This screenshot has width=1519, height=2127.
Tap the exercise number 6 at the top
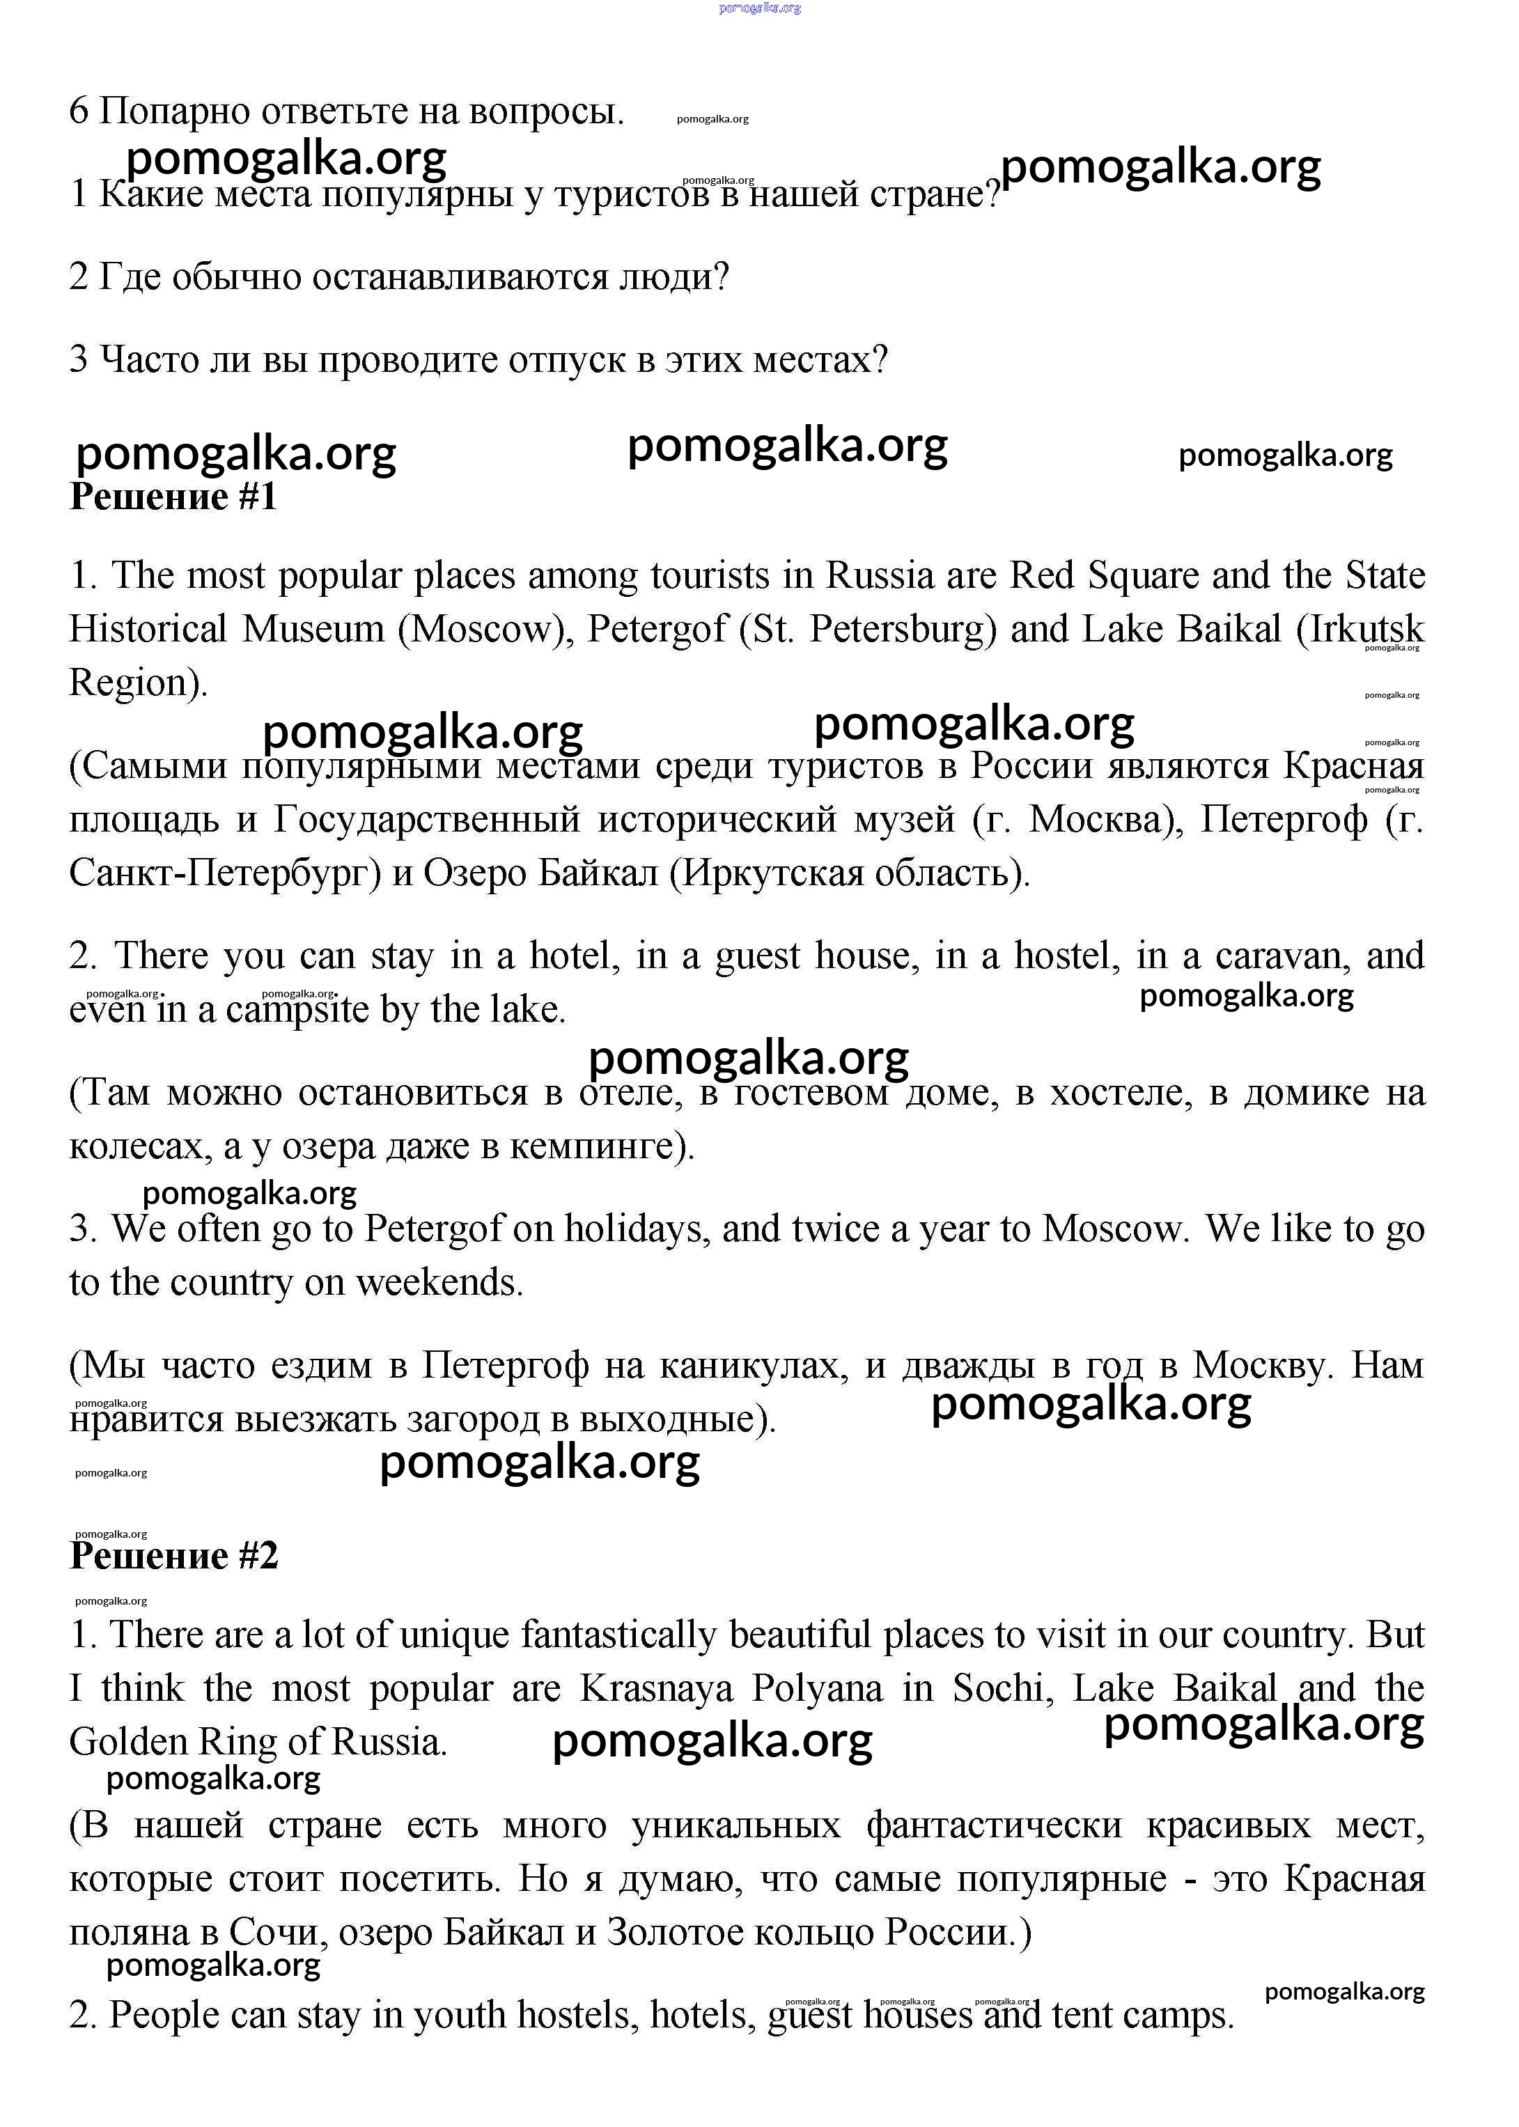tap(79, 112)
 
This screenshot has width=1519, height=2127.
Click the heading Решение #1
tap(174, 497)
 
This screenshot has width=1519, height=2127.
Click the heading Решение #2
tap(174, 1557)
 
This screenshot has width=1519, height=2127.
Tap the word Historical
tap(148, 630)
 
